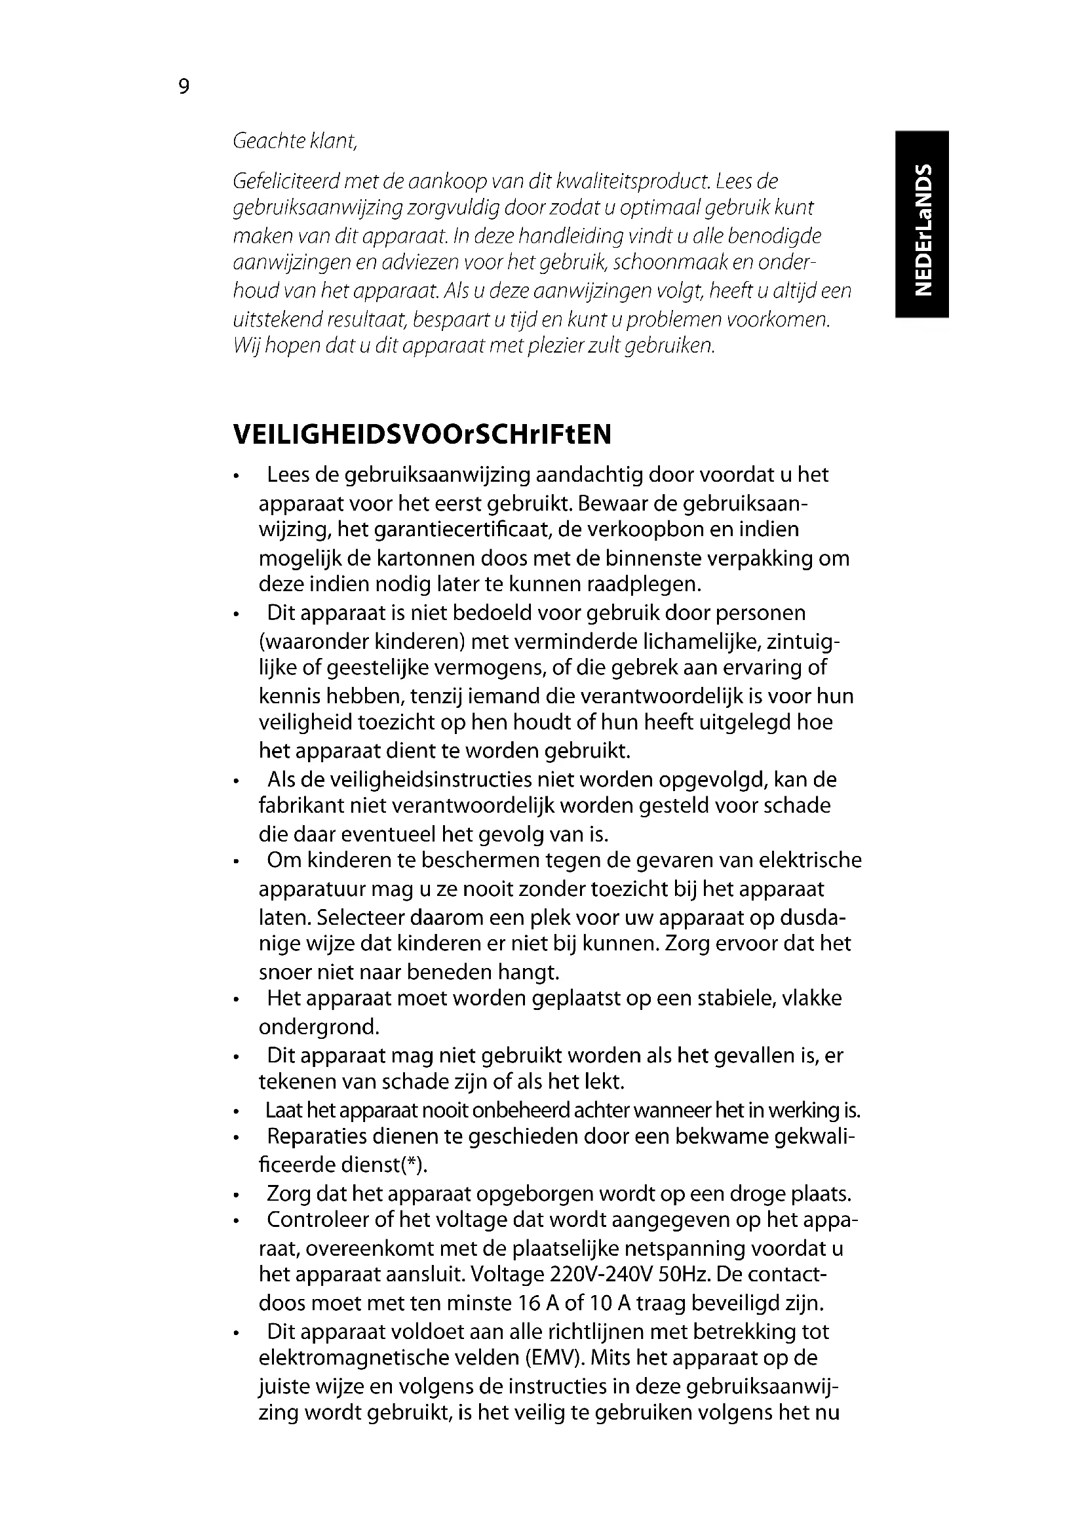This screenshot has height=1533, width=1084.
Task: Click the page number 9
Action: point(184,87)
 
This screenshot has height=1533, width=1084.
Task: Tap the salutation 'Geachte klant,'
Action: point(295,142)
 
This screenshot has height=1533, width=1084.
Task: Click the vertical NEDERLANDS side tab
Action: point(922,224)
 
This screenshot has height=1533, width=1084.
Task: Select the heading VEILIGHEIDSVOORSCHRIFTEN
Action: point(422,435)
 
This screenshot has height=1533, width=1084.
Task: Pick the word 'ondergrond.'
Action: point(319,1026)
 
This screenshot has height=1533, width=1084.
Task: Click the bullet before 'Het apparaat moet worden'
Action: point(237,1001)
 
